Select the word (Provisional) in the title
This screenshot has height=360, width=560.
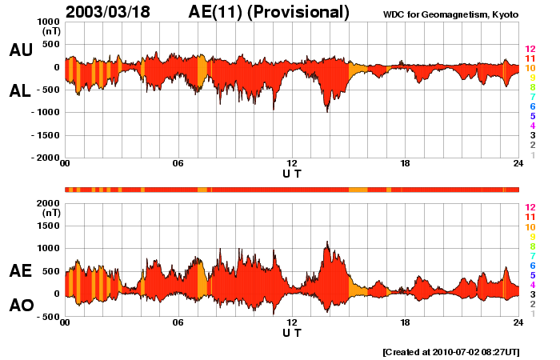[x=302, y=12]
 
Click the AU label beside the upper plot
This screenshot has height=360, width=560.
[x=21, y=50]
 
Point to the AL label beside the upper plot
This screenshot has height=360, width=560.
[x=21, y=92]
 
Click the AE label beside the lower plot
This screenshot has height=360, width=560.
[x=21, y=271]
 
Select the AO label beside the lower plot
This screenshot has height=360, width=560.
[x=21, y=306]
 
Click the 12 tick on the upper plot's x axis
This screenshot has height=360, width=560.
[x=292, y=164]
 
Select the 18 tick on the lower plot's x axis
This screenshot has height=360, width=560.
[x=406, y=322]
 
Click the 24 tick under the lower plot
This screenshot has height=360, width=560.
[x=518, y=322]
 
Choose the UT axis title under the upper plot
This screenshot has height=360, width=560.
[x=292, y=174]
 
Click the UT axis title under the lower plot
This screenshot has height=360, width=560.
[x=292, y=332]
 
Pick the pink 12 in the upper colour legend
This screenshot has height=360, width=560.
[x=530, y=49]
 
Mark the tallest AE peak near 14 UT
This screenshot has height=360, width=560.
[x=327, y=242]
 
